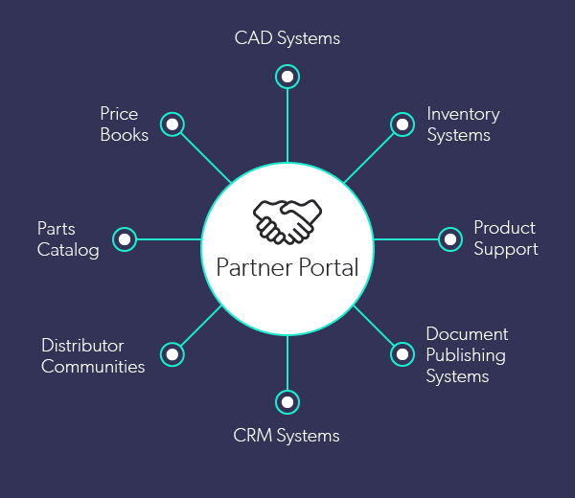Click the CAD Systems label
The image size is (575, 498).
(287, 39)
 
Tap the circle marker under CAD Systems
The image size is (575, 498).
(287, 76)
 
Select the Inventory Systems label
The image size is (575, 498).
(463, 124)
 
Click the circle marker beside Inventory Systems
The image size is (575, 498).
(402, 124)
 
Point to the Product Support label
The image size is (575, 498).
(505, 238)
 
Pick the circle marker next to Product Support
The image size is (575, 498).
(450, 238)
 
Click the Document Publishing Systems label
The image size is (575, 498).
(467, 355)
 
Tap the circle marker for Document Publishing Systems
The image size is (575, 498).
(402, 354)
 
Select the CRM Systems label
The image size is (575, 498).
(287, 436)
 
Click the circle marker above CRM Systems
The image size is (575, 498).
(287, 401)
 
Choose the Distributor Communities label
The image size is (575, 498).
(93, 355)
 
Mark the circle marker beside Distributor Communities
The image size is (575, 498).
(172, 354)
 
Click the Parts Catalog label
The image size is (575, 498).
(68, 239)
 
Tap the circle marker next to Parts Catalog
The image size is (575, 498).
(125, 238)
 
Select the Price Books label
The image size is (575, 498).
(125, 124)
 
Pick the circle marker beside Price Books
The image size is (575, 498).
(172, 124)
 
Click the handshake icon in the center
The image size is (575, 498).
(287, 220)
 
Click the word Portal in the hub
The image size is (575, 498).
(325, 266)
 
